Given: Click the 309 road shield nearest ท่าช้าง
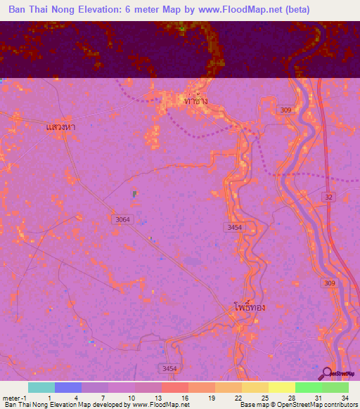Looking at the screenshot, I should pos(284,110).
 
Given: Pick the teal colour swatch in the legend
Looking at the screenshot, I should pos(41,387).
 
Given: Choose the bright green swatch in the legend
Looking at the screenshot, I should pos(308,387).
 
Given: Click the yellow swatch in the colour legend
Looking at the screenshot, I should pos(281,387).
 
